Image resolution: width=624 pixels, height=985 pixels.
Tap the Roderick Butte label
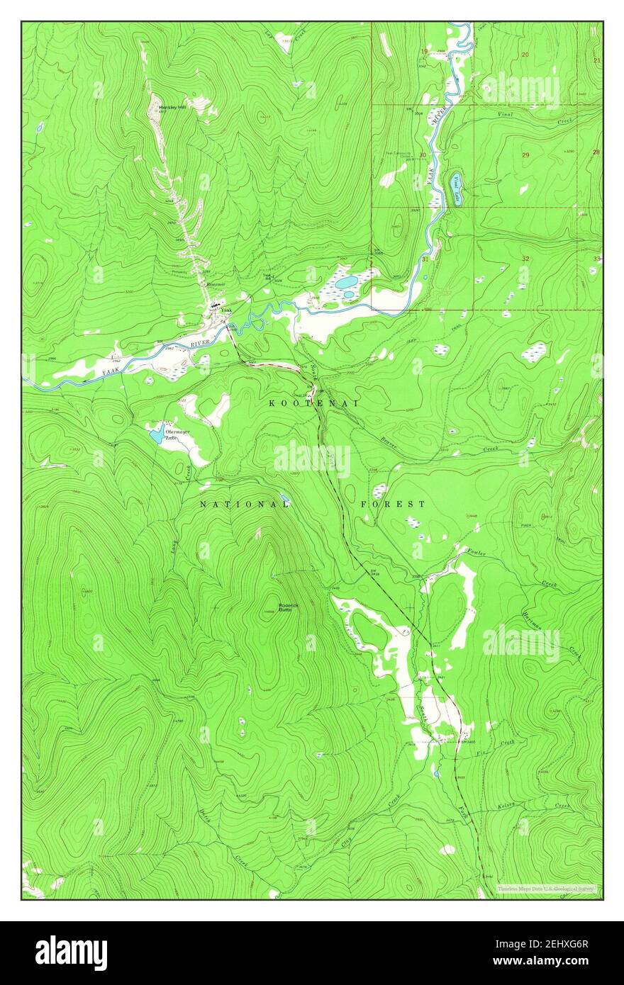pyautogui.click(x=288, y=608)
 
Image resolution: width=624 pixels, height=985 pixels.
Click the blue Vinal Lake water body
pyautogui.click(x=453, y=187)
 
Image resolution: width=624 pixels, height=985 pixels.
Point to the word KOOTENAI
pyautogui.click(x=312, y=403)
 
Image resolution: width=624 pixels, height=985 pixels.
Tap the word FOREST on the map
pyautogui.click(x=393, y=504)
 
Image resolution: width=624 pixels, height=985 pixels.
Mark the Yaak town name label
pyautogui.click(x=226, y=311)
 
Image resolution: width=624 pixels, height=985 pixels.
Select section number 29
pyautogui.click(x=525, y=154)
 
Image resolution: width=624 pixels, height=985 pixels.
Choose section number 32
pyautogui.click(x=525, y=259)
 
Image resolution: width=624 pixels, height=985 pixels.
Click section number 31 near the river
pyautogui.click(x=424, y=260)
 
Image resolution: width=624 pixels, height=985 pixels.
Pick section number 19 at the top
pyautogui.click(x=424, y=51)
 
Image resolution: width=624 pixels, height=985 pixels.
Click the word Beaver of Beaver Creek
pyautogui.click(x=388, y=441)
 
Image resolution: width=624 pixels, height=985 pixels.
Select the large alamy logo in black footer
pyautogui.click(x=71, y=952)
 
